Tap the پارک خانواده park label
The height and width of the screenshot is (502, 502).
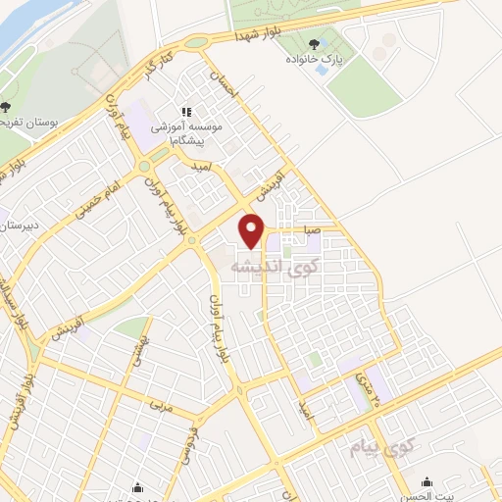click(315, 58)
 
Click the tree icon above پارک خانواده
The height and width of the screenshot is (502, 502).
click(314, 43)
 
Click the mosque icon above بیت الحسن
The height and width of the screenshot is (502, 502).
click(427, 481)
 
